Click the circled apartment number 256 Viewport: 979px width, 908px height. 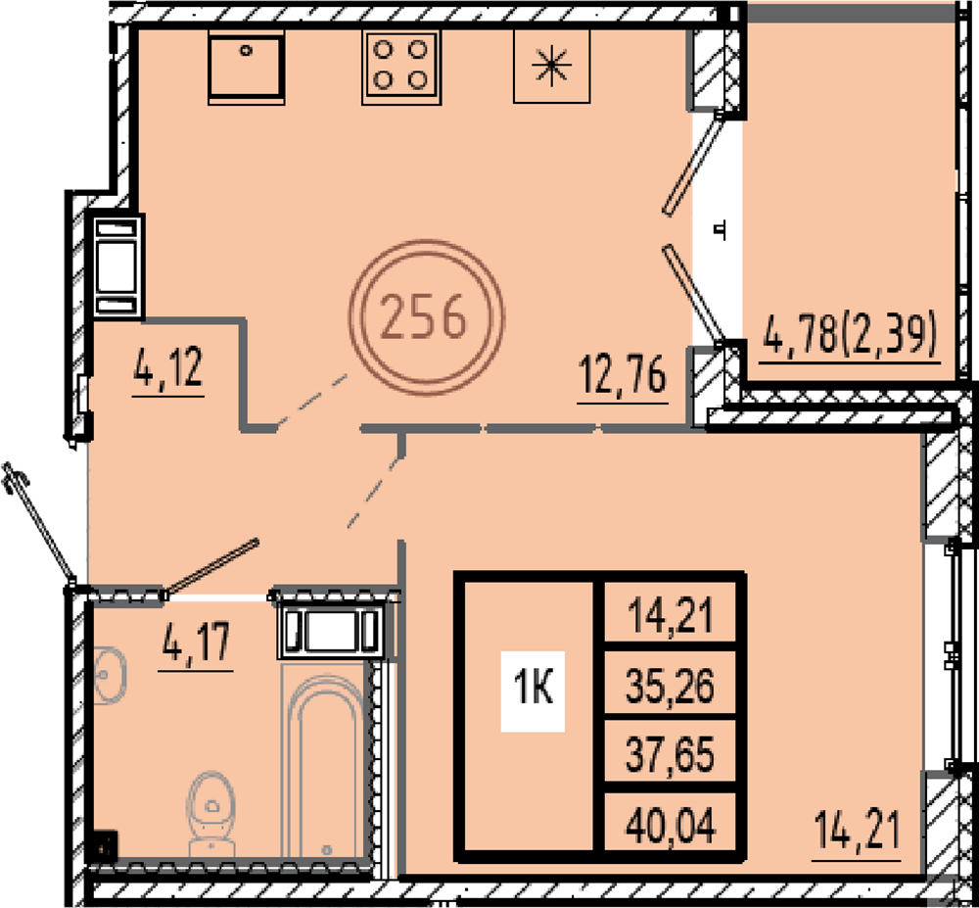click(426, 317)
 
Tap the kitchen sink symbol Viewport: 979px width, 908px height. click(246, 68)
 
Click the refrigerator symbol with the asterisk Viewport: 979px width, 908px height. click(551, 67)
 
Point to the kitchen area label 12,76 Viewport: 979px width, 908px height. click(623, 376)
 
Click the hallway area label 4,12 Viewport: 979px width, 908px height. click(168, 369)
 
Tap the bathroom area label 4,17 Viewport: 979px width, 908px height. click(196, 645)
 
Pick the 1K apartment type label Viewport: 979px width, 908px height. click(533, 691)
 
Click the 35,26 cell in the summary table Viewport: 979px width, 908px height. click(670, 686)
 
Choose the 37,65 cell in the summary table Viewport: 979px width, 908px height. click(670, 753)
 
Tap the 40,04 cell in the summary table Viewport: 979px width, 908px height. click(670, 824)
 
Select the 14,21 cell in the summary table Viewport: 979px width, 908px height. click(670, 614)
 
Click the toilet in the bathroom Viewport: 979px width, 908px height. click(211, 814)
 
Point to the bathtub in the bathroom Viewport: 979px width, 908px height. click(325, 761)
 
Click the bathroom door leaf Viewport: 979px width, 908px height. click(211, 566)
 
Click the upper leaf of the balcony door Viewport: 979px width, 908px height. click(694, 165)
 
